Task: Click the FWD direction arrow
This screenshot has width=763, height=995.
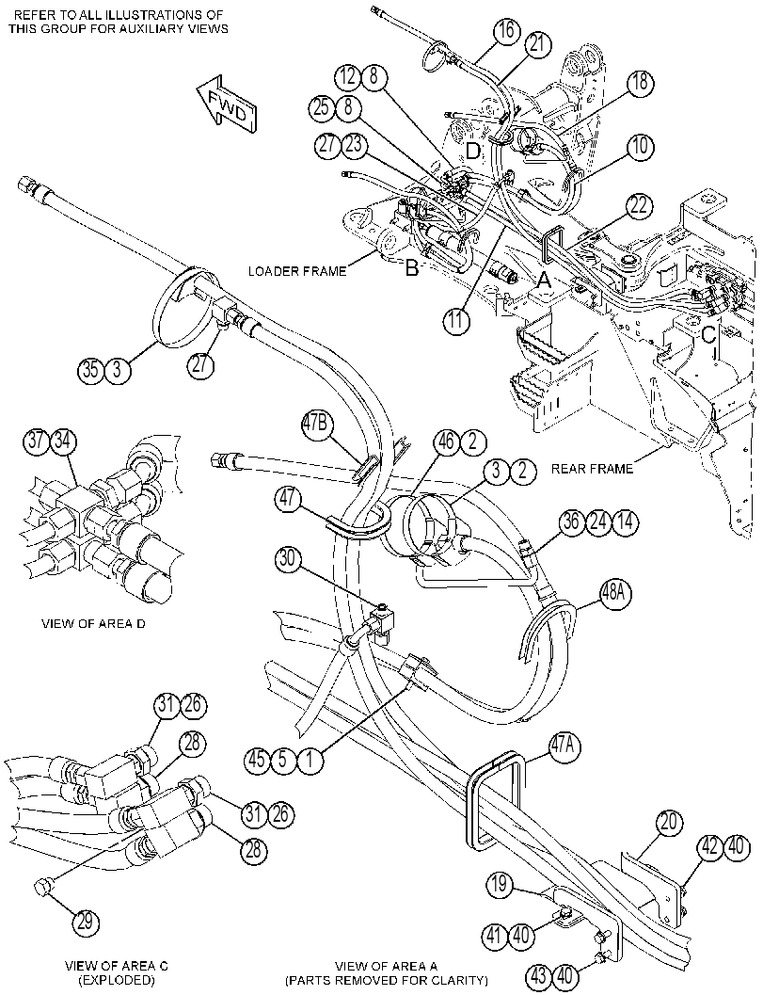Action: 226,104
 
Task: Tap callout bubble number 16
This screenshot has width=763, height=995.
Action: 507,32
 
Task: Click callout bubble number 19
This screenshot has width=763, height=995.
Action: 501,884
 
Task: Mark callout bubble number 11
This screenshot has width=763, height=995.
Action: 456,320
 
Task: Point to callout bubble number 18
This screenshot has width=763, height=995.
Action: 640,83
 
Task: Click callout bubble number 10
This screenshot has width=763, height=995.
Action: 640,147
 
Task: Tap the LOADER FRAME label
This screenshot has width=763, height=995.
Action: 297,272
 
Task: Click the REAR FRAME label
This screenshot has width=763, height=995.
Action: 592,469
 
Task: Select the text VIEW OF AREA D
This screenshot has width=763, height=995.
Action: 93,623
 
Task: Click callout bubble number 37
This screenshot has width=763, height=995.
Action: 38,441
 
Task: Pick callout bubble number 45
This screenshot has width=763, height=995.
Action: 258,760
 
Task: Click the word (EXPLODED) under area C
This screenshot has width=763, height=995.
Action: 117,980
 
